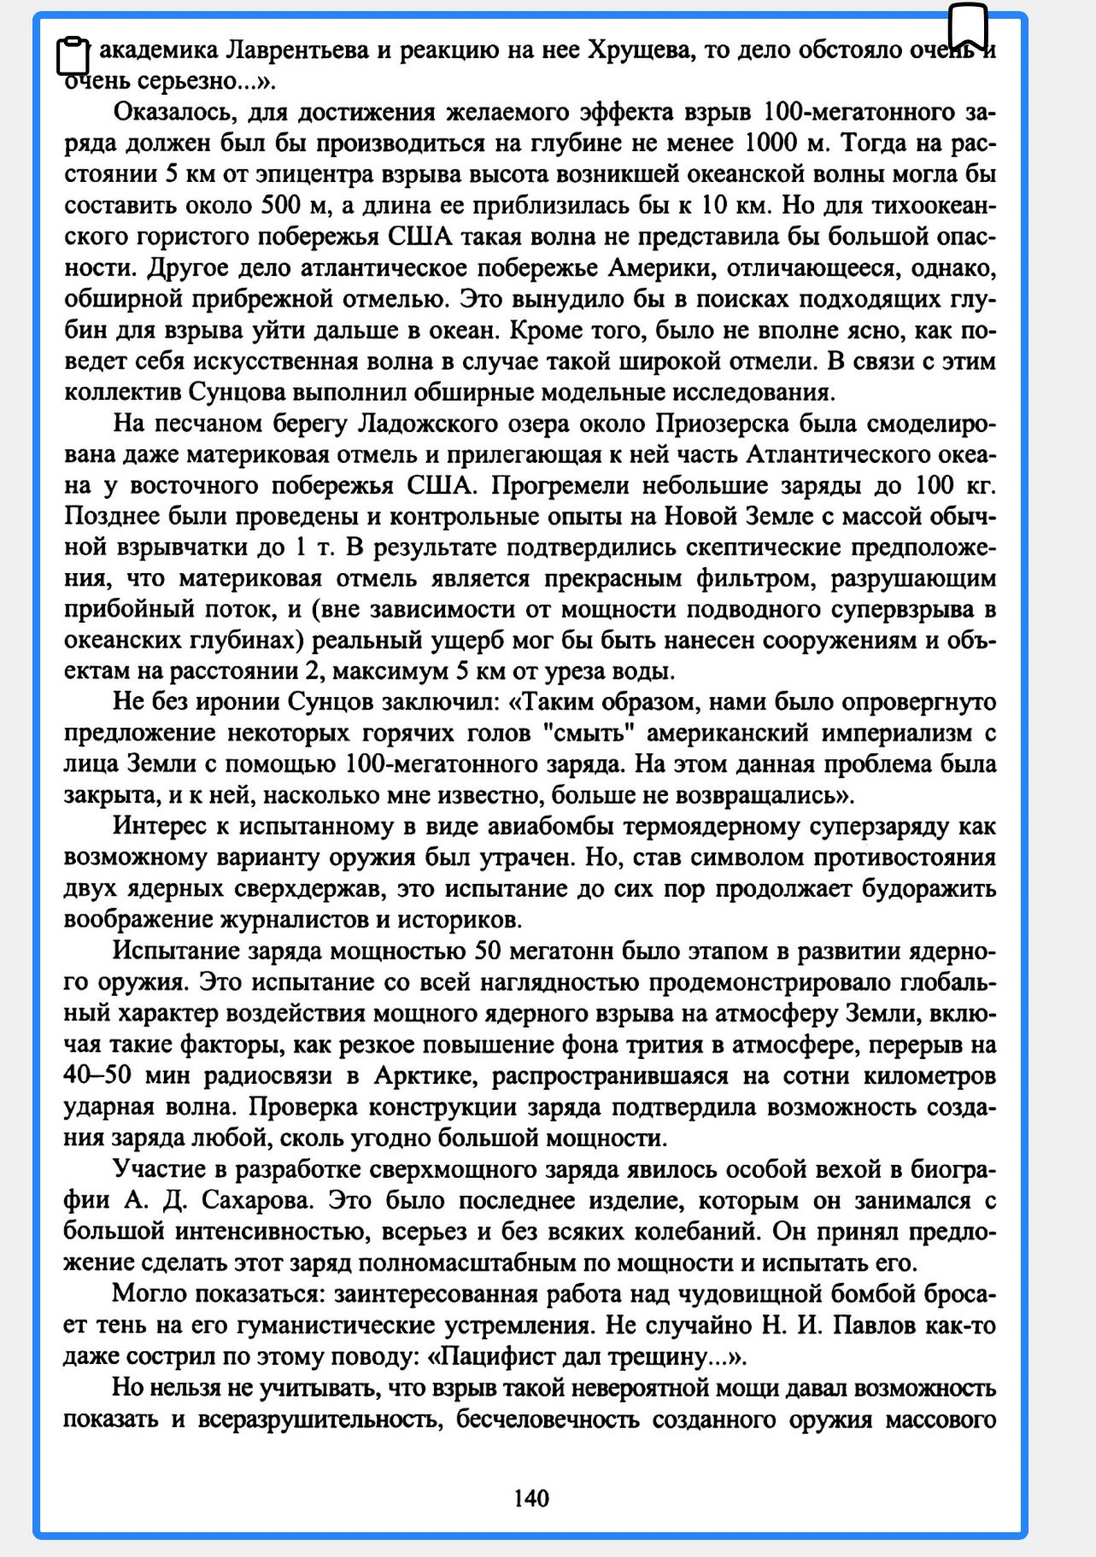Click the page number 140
click(531, 1497)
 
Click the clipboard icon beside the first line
click(73, 56)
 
